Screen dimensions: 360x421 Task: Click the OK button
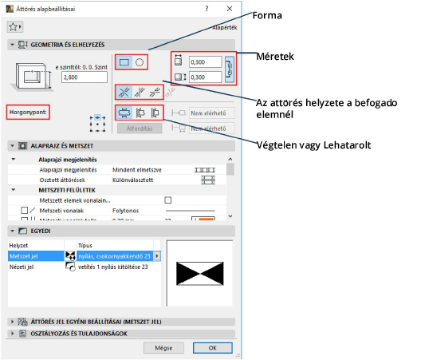click(x=212, y=348)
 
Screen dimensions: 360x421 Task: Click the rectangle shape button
click(x=124, y=61)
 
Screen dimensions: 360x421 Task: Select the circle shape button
click(x=139, y=61)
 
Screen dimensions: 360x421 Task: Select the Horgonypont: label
click(x=28, y=112)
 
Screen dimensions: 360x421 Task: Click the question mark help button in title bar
click(x=207, y=7)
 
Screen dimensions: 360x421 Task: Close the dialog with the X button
click(x=229, y=7)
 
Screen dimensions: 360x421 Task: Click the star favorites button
click(x=14, y=26)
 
